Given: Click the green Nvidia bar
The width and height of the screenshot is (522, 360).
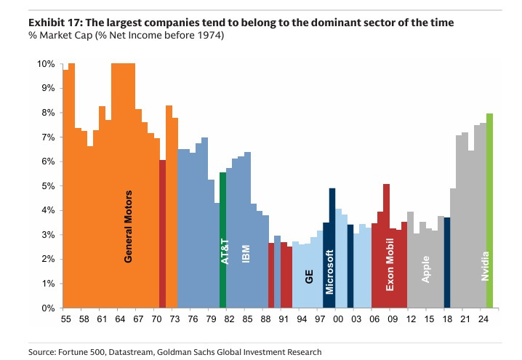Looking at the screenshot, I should (x=490, y=211).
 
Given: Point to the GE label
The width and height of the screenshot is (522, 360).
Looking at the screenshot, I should (x=308, y=276).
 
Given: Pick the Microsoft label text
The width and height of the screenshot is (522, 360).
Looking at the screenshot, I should (x=329, y=272).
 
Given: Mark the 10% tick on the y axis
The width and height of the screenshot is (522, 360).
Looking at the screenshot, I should (x=46, y=64).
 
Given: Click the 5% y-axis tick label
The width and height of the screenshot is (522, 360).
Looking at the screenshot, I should (x=48, y=186).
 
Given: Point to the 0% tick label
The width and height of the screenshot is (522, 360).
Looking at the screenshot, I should (x=48, y=308).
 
